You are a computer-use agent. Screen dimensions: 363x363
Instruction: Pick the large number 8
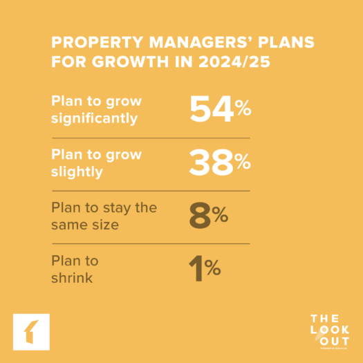[x=200, y=217]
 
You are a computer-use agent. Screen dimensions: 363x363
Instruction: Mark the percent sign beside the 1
[x=213, y=268]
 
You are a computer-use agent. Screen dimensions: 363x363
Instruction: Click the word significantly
[x=94, y=118]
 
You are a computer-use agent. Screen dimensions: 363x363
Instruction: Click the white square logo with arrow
[x=31, y=333]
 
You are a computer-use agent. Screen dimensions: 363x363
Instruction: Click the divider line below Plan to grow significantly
[x=151, y=138]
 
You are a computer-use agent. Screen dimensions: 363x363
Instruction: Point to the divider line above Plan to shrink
[x=151, y=243]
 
